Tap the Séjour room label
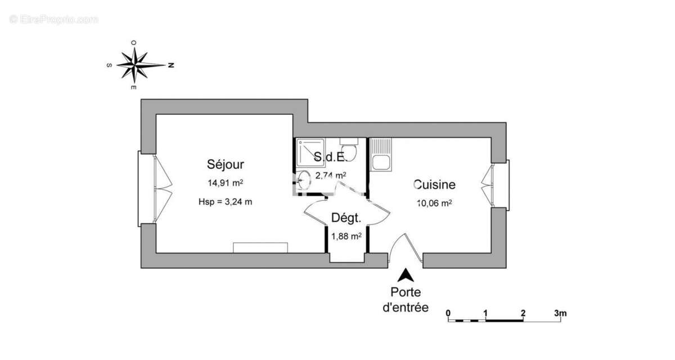pyautogui.click(x=225, y=165)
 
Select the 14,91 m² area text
pyautogui.click(x=225, y=183)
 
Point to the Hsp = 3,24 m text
pyautogui.click(x=225, y=202)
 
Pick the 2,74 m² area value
pyautogui.click(x=330, y=175)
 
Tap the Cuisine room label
pyautogui.click(x=434, y=184)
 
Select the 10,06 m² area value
pyautogui.click(x=434, y=203)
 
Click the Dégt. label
pyautogui.click(x=345, y=218)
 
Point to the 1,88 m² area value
pyautogui.click(x=345, y=237)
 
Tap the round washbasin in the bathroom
pyautogui.click(x=304, y=181)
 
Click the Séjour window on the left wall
pyautogui.click(x=147, y=188)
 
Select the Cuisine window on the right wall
pyautogui.click(x=499, y=182)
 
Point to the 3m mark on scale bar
pyautogui.click(x=560, y=313)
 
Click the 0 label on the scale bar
pyautogui.click(x=448, y=313)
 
